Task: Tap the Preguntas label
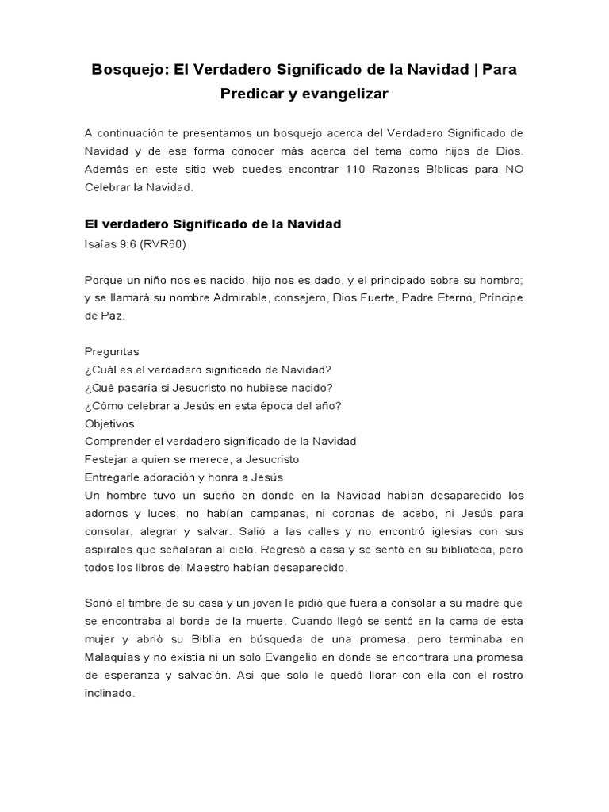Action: click(112, 351)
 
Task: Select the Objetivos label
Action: click(109, 423)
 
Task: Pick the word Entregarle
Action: click(114, 477)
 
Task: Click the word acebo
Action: click(412, 513)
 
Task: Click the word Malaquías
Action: click(114, 657)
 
